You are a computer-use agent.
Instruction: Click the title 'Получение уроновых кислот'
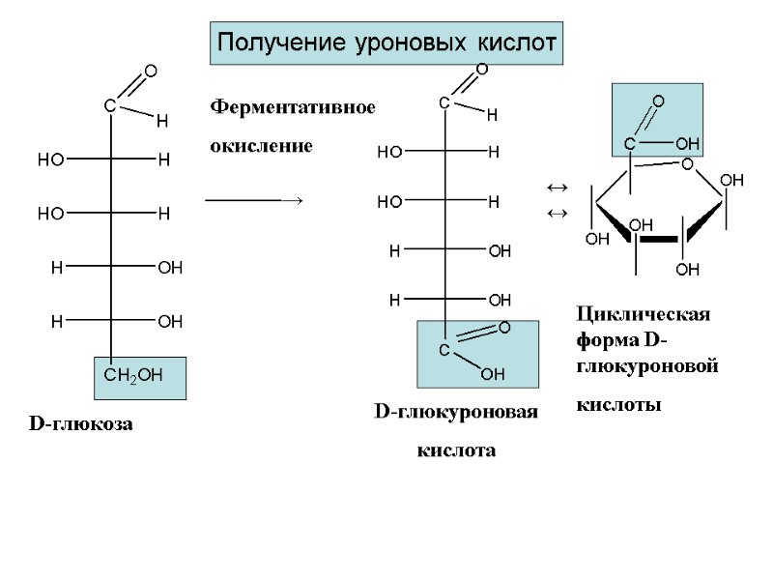tap(386, 43)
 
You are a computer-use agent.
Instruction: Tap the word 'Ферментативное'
tap(293, 106)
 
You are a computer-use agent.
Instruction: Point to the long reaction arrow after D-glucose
tap(254, 199)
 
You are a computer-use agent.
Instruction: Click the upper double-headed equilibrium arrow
tap(556, 186)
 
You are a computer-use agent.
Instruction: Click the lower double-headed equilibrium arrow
tap(556, 212)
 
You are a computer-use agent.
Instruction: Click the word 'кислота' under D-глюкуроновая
tap(455, 450)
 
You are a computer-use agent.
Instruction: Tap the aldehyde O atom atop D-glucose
tap(150, 71)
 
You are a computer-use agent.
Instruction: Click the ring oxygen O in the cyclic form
tap(687, 164)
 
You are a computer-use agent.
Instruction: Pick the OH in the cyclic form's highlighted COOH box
tap(687, 144)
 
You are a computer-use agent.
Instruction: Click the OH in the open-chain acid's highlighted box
tap(492, 373)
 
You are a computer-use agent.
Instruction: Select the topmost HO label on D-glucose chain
tap(50, 159)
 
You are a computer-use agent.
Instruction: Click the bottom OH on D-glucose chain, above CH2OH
tap(170, 320)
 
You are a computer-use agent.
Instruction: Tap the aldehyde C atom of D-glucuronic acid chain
tap(444, 101)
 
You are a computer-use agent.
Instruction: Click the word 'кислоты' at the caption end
tap(618, 404)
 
